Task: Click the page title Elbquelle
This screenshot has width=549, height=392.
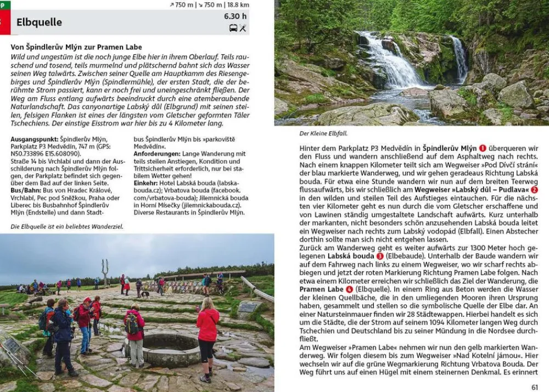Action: (x=39, y=23)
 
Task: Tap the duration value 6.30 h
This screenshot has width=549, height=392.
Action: (x=235, y=16)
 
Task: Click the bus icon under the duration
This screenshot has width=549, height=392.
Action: (x=233, y=28)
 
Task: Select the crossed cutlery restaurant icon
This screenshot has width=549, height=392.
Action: (x=243, y=28)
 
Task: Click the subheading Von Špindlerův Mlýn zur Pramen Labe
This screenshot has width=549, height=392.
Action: (x=76, y=47)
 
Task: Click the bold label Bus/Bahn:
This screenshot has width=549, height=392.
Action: (x=25, y=183)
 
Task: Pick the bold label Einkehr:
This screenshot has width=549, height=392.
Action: (x=146, y=183)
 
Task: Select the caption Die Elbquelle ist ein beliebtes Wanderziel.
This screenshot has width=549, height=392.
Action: (x=67, y=226)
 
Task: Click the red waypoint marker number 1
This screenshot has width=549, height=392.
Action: (x=483, y=148)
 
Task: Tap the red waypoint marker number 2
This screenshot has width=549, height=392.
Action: (x=534, y=189)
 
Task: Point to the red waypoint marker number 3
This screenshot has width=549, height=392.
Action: (x=380, y=256)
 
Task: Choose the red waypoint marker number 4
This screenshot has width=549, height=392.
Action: (x=349, y=289)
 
